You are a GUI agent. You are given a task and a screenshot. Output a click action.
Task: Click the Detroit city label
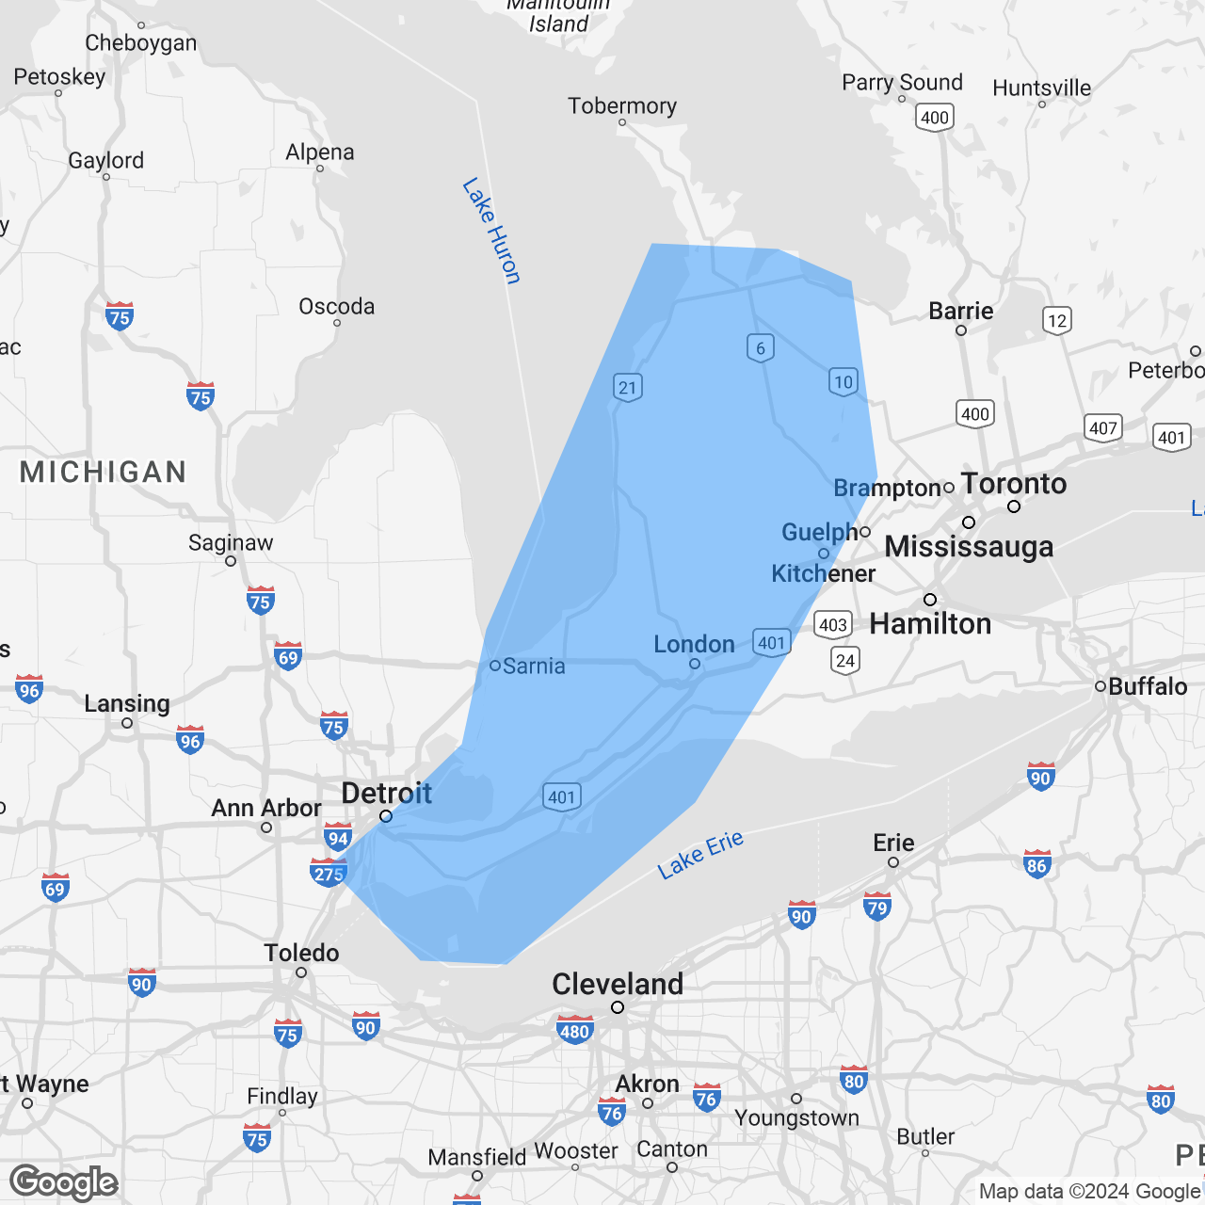pyautogui.click(x=386, y=794)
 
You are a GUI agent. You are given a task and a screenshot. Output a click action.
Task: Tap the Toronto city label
pyautogui.click(x=1014, y=484)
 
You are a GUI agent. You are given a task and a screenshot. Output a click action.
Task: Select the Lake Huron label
pyautogui.click(x=490, y=231)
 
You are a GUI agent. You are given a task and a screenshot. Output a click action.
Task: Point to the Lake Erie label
pyautogui.click(x=700, y=855)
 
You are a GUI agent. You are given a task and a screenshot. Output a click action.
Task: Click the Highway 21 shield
pyautogui.click(x=628, y=387)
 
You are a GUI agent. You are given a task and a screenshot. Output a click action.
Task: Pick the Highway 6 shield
pyautogui.click(x=761, y=347)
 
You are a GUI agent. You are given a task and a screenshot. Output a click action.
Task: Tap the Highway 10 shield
pyautogui.click(x=843, y=381)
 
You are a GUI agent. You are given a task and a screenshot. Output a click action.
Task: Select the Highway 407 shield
pyautogui.click(x=1102, y=428)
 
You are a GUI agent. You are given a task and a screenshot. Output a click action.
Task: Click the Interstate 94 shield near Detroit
pyautogui.click(x=338, y=838)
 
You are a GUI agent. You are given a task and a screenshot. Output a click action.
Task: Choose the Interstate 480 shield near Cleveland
pyautogui.click(x=574, y=1030)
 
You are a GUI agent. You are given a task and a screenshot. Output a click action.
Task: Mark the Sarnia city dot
pyautogui.click(x=495, y=666)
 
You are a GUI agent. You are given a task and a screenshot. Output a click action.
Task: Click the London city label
pyautogui.click(x=694, y=644)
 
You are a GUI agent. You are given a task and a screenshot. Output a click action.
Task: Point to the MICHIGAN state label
pyautogui.click(x=104, y=472)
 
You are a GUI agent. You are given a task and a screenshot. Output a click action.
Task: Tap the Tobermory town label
pyautogui.click(x=622, y=105)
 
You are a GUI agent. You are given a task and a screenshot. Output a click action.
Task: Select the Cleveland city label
pyautogui.click(x=618, y=984)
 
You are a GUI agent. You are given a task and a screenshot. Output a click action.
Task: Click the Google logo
pyautogui.click(x=63, y=1182)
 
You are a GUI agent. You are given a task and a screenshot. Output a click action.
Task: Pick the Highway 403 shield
pyautogui.click(x=833, y=624)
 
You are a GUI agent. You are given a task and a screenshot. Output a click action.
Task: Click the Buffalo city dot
pyautogui.click(x=1100, y=686)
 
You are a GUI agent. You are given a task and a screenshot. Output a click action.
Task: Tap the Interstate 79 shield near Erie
pyautogui.click(x=876, y=908)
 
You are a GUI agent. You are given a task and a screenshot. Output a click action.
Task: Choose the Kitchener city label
pyautogui.click(x=824, y=573)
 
